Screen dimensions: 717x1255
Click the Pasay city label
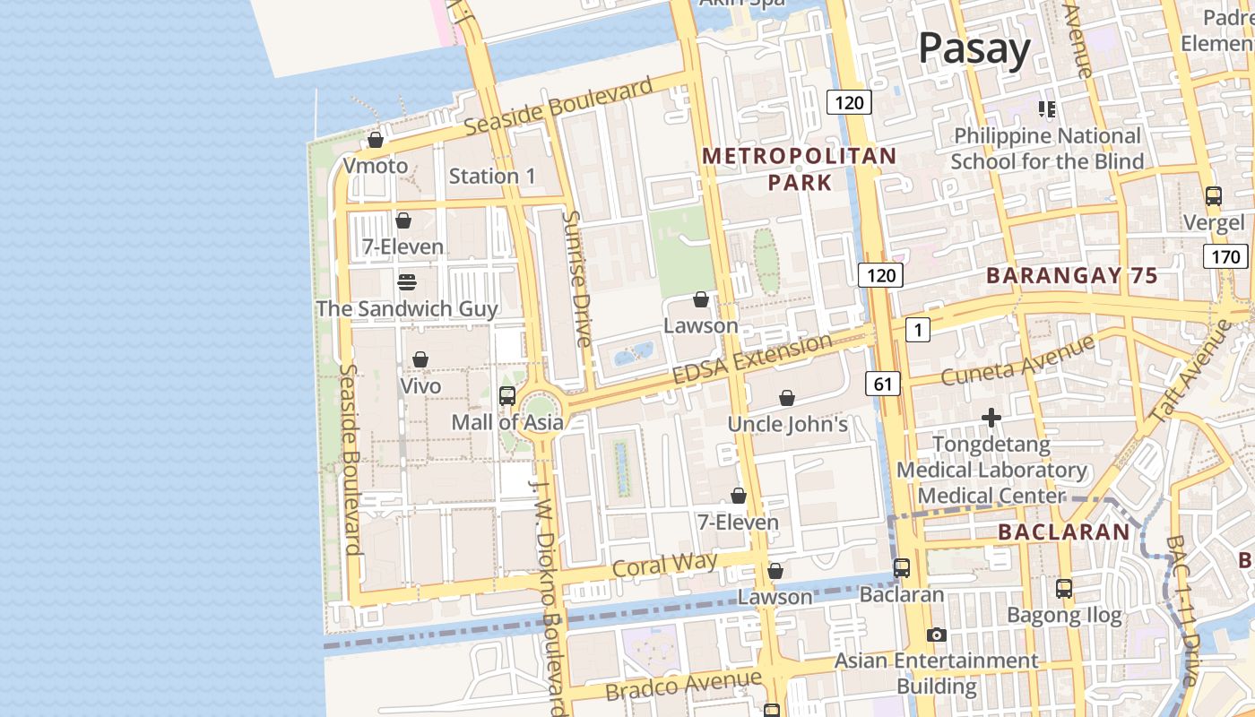(x=974, y=48)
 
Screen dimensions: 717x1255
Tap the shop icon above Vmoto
(x=376, y=141)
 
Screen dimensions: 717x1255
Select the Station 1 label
(x=492, y=176)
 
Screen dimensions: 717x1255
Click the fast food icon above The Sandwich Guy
(x=406, y=282)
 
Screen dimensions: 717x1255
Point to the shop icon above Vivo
(x=420, y=359)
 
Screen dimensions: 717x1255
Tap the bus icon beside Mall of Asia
(x=506, y=395)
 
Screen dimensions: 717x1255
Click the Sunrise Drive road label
(x=576, y=279)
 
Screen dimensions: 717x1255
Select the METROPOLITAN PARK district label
(x=799, y=168)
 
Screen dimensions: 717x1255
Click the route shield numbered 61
(x=882, y=384)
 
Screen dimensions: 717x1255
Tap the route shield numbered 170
(x=1225, y=257)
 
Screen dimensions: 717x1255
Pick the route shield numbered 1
(x=917, y=330)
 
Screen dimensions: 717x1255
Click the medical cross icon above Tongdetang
(x=991, y=418)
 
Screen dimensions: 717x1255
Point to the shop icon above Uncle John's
(x=786, y=398)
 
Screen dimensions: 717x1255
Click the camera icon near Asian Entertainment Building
(x=936, y=635)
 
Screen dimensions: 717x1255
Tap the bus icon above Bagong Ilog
(x=1063, y=589)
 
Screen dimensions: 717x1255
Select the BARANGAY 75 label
(x=1072, y=276)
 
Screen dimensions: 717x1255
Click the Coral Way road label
(x=664, y=565)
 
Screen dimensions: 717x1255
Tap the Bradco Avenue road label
(x=683, y=686)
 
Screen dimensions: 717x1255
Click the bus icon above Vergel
(x=1213, y=196)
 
